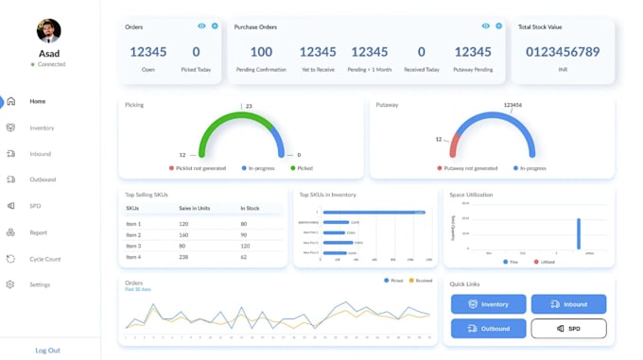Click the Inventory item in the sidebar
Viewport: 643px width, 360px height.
click(41, 128)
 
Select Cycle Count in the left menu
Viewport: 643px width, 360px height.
click(44, 259)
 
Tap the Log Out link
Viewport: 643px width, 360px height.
click(47, 351)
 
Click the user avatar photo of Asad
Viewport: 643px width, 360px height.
click(48, 30)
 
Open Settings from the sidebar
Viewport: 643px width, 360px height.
click(39, 284)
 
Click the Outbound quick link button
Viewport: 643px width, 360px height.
click(488, 329)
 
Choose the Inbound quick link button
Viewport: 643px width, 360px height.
click(568, 304)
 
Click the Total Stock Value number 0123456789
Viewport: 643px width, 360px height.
click(563, 52)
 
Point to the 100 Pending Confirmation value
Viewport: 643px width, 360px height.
click(261, 52)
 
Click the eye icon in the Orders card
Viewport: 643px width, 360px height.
click(201, 26)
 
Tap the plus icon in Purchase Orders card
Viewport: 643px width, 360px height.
click(498, 26)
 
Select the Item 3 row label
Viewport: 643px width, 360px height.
click(133, 246)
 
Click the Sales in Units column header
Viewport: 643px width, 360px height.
click(194, 208)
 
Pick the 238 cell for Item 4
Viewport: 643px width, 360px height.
click(184, 257)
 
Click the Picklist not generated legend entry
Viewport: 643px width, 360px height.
click(198, 168)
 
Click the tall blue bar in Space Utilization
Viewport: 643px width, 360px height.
click(579, 233)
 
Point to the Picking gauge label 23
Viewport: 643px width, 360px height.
click(249, 107)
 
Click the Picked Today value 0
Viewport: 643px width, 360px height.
click(196, 52)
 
